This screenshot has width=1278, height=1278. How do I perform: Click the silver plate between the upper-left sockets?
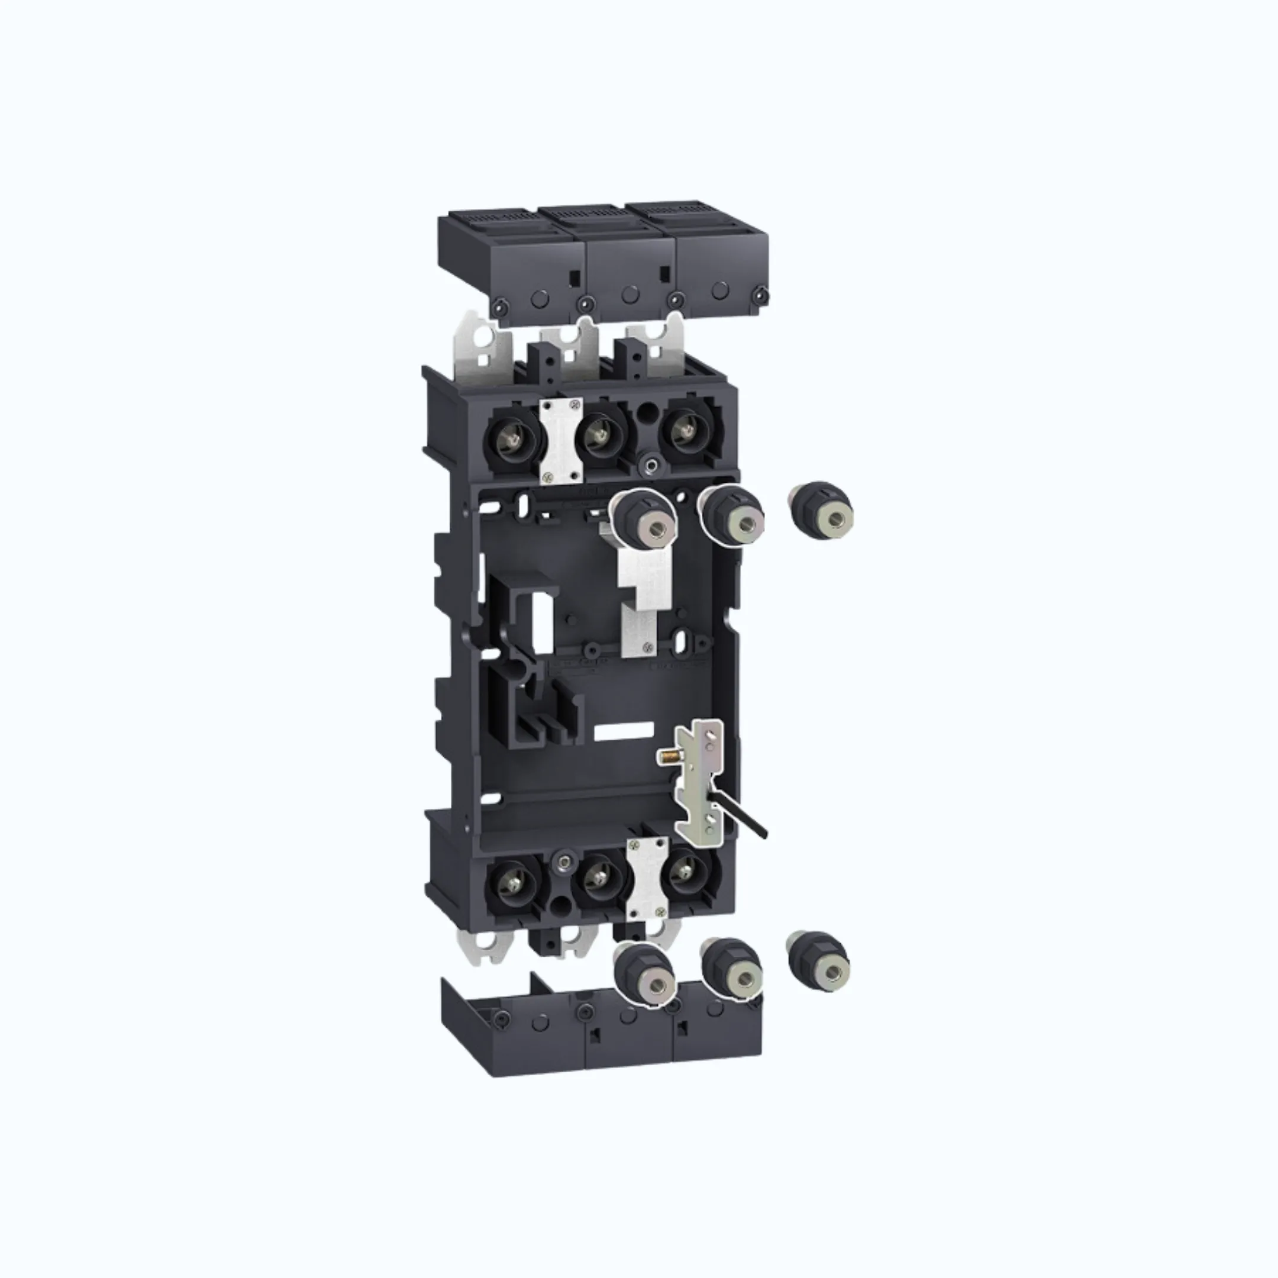coord(561,439)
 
